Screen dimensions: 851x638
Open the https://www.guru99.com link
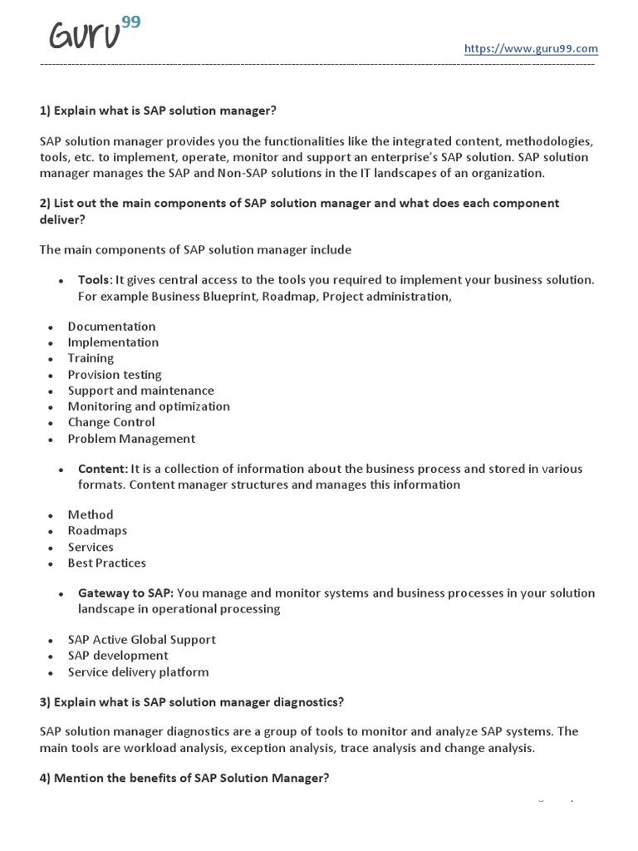click(x=531, y=49)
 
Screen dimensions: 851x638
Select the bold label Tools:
click(x=95, y=280)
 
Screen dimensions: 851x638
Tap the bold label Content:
click(x=103, y=469)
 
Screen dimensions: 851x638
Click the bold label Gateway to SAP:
click(x=125, y=593)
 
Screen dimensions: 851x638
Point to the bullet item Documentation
click(x=111, y=327)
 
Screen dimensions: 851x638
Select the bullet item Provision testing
click(x=115, y=375)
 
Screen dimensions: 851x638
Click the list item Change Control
click(x=111, y=422)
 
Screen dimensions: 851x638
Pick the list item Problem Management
click(x=131, y=439)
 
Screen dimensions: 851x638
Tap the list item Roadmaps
click(x=97, y=531)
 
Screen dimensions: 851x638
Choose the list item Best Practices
click(x=106, y=563)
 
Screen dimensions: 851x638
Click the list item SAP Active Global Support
click(x=141, y=640)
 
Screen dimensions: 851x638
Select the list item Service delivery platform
click(x=138, y=672)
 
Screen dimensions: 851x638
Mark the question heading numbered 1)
click(x=157, y=111)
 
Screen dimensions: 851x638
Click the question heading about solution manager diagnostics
click(x=191, y=702)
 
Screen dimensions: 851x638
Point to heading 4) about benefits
click(x=184, y=778)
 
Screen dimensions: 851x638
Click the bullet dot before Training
click(x=50, y=359)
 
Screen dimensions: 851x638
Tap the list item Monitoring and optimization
click(x=149, y=406)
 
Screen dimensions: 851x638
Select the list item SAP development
click(x=118, y=656)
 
